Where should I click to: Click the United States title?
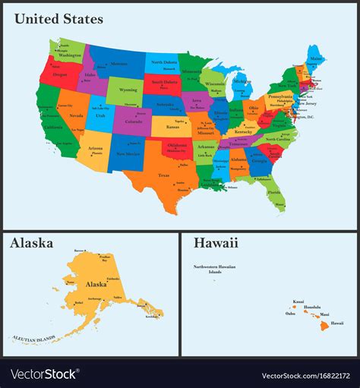[x=58, y=18]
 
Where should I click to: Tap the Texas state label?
[x=163, y=175]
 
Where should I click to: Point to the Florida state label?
[x=273, y=192]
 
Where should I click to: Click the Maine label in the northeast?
[x=316, y=58]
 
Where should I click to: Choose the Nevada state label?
[x=76, y=115]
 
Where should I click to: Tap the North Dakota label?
[x=163, y=62]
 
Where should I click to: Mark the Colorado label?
[x=133, y=120]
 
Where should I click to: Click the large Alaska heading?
[x=31, y=243]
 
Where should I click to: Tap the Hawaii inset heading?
[x=215, y=243]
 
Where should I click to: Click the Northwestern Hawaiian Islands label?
[x=215, y=269]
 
